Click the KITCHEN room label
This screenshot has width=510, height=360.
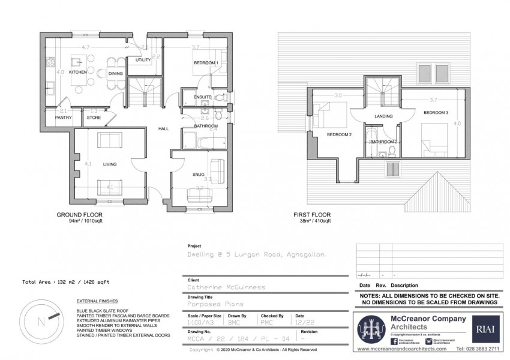tap(79, 73)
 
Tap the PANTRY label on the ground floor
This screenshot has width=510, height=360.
tap(64, 118)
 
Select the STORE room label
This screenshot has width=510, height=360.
tap(94, 118)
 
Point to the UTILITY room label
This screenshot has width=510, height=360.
tap(143, 61)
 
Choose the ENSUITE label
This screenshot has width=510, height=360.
tap(202, 97)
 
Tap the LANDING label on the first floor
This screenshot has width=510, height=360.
tap(383, 116)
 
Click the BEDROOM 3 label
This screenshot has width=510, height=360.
tap(436, 113)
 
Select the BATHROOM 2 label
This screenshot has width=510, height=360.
tap(384, 142)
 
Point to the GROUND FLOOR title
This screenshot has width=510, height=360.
tap(80, 215)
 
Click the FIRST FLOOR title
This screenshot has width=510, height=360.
tap(311, 215)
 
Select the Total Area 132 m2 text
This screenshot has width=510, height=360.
tap(65, 281)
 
